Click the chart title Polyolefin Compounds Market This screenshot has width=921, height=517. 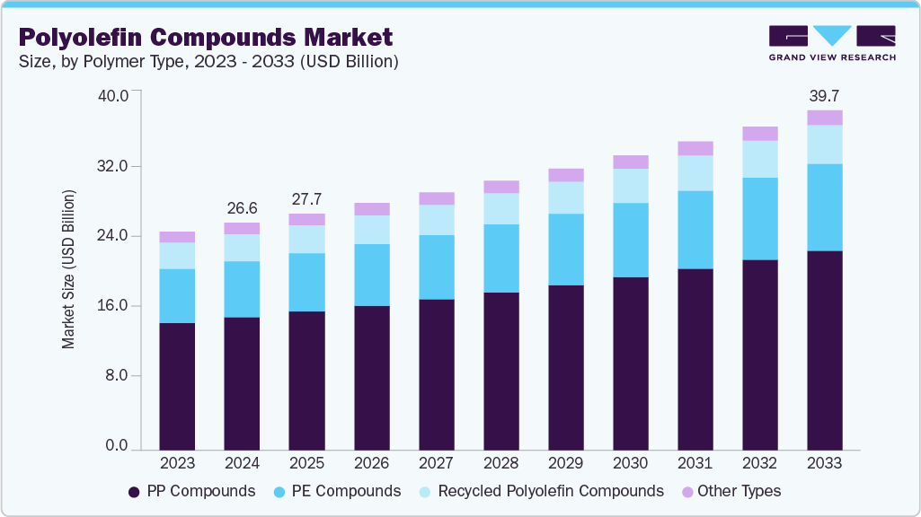tap(206, 37)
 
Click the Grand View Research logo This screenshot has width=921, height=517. tap(831, 43)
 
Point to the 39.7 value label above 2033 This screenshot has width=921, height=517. tap(824, 95)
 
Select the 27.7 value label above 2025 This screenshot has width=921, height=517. tap(306, 198)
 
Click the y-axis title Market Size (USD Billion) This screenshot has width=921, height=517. tap(69, 269)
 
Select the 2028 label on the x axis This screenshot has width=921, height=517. tap(500, 463)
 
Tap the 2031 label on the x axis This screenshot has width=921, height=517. tap(695, 463)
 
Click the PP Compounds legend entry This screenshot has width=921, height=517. tap(191, 491)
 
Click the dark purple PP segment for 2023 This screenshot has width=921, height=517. tap(177, 386)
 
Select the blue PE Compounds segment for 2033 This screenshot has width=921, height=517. tap(825, 207)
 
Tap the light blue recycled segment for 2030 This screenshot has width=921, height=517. tap(630, 186)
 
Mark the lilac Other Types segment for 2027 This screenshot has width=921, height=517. tap(436, 198)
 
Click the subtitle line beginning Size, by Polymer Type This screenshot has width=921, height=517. tap(208, 62)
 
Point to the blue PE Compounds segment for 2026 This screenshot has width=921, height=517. tap(371, 275)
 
